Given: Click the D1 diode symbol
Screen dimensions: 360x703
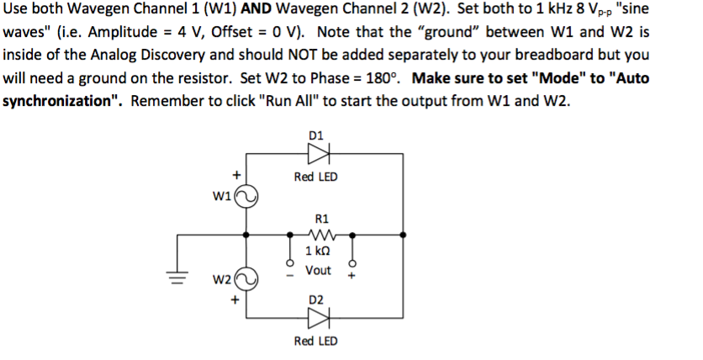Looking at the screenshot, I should point(318,154).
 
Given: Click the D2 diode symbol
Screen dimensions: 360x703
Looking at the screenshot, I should point(318,319).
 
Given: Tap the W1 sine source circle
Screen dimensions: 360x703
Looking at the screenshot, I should point(246,197).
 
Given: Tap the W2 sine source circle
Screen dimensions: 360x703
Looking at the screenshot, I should point(246,278).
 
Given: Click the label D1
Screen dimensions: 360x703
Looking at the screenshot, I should point(316,134).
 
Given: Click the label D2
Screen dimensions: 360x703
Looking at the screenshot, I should point(316,299).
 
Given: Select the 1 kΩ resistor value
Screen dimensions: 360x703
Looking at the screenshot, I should point(318,252).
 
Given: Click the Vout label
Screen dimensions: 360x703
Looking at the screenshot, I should point(318,270).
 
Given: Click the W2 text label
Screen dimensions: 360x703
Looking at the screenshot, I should point(222,278).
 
